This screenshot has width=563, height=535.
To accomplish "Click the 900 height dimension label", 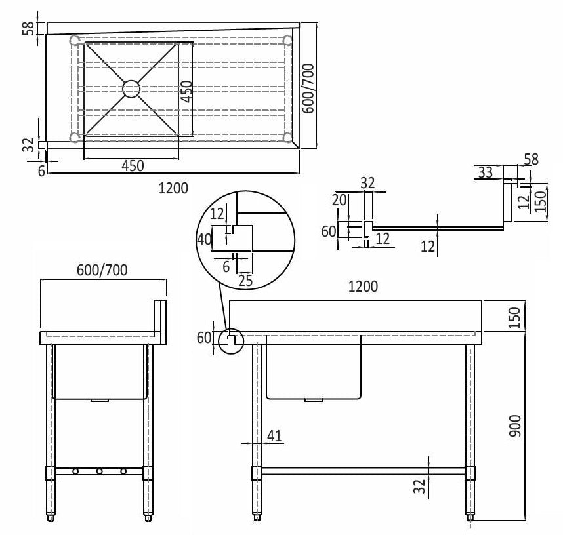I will pos(515,427).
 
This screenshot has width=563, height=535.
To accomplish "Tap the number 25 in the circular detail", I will pos(245,280).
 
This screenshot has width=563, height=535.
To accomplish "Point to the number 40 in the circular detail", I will pos(205,239).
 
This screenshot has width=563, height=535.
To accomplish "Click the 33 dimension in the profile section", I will pos(485,172).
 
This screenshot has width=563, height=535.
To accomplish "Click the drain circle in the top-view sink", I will pos(131,89).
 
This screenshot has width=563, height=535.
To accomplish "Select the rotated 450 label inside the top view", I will pos(186,91).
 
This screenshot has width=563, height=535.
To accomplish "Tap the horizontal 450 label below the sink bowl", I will pos(133,166).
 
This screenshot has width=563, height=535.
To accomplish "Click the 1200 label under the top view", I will pos(173,189).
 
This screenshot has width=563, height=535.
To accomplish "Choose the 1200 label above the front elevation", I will pos(363,287).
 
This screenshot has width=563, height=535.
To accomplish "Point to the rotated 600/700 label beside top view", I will pos(308,88).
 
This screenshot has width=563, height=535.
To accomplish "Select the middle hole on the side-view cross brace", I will pos(99,471).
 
